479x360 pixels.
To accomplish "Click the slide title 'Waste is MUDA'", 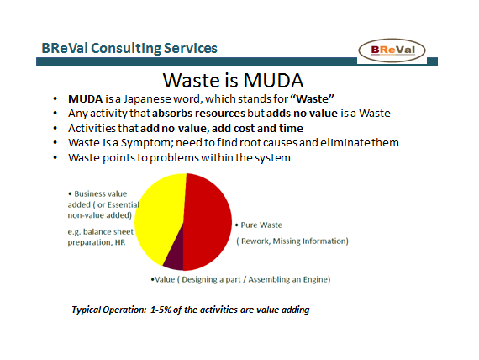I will click(232, 82).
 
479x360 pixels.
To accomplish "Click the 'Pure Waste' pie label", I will click(262, 225).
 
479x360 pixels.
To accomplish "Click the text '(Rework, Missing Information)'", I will click(292, 241).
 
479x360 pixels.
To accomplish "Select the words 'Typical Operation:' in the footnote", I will click(108, 310).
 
